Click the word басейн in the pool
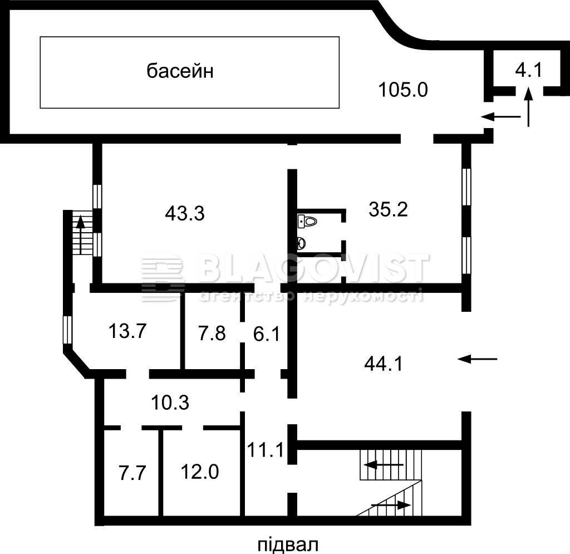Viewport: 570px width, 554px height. [180, 71]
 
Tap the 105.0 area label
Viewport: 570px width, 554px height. [403, 90]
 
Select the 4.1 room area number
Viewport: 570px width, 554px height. [529, 70]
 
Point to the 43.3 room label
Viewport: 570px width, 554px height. [185, 213]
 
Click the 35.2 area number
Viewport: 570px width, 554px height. [388, 209]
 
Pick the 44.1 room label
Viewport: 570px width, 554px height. [384, 364]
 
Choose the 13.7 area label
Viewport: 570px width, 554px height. [127, 331]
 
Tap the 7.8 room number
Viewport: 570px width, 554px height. [212, 334]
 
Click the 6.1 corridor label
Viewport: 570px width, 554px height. [267, 334]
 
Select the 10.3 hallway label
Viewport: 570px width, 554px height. [170, 403]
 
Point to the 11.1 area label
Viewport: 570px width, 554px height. [266, 450]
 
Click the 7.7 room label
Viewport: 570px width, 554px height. [132, 473]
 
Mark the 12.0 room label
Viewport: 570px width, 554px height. [200, 472]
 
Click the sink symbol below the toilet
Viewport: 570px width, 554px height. [301, 243]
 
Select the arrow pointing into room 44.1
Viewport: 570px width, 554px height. [477, 359]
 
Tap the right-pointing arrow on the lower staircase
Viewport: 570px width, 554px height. [391, 505]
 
